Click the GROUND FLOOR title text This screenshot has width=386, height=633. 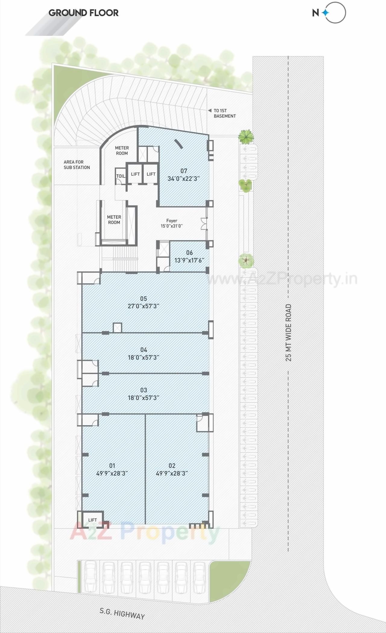(84, 13)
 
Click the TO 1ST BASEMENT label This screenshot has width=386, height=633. (224, 113)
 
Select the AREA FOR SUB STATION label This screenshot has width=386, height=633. (77, 165)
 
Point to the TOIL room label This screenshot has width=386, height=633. (121, 176)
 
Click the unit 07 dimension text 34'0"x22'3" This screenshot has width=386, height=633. (184, 179)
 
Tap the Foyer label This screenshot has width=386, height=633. (172, 221)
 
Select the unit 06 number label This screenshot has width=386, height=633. (189, 253)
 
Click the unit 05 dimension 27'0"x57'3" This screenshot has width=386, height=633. (144, 306)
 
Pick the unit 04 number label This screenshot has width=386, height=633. (144, 350)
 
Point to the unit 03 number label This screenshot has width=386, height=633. (144, 390)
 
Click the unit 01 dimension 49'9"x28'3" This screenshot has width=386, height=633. (112, 473)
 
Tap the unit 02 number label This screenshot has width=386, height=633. (172, 466)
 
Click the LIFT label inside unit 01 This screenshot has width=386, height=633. (93, 520)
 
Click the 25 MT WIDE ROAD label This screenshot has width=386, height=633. (289, 332)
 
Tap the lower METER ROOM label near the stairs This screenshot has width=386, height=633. (114, 220)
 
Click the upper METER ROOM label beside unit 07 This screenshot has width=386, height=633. (122, 151)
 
